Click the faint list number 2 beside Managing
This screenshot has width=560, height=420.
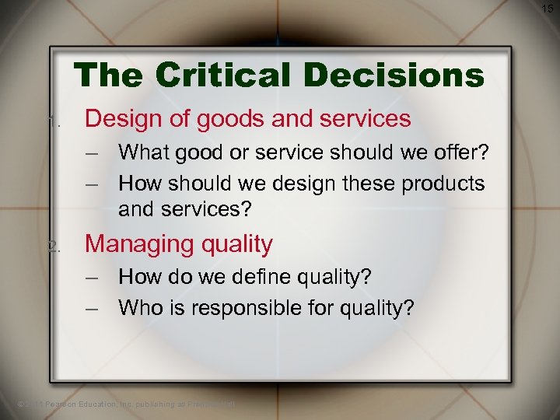[54, 247]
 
